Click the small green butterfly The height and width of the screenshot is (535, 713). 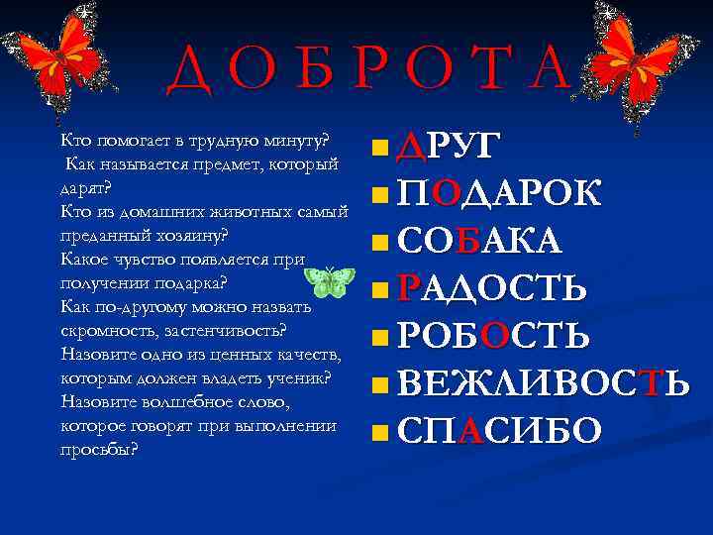(330, 282)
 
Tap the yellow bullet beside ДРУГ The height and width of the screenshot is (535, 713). (380, 151)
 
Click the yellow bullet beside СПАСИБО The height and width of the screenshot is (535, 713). (380, 432)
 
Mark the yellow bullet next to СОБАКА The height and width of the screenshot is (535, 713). (380, 243)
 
